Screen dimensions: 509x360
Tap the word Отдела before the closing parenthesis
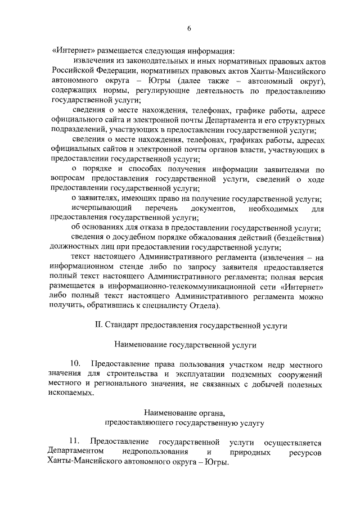tap(206, 305)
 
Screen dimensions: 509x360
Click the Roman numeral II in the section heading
tap(97, 325)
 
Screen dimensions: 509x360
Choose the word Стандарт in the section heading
tap(125, 325)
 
